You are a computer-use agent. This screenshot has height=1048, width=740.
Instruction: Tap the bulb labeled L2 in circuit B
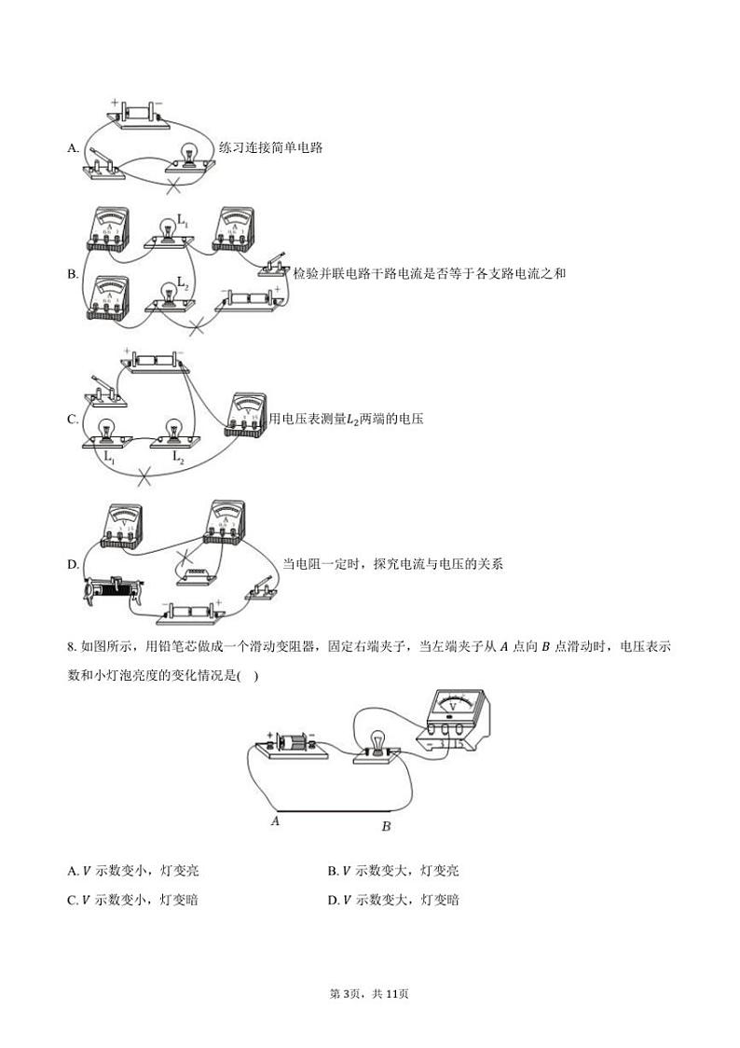point(169,291)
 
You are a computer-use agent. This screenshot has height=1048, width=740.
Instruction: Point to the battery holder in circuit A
point(135,112)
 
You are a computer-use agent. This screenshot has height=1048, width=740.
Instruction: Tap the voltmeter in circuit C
point(244,414)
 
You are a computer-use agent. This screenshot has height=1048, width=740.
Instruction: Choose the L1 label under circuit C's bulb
point(109,457)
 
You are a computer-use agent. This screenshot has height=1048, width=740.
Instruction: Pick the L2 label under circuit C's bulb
point(179,457)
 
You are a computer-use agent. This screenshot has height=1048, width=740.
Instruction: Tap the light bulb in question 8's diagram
point(377,744)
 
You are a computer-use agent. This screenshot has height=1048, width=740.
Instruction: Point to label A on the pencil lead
point(275,821)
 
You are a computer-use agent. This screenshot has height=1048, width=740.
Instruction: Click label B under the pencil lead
point(386,826)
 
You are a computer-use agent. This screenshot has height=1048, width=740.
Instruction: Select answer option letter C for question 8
point(73,900)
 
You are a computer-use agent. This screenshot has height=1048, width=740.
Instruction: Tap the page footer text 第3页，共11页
point(370,994)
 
